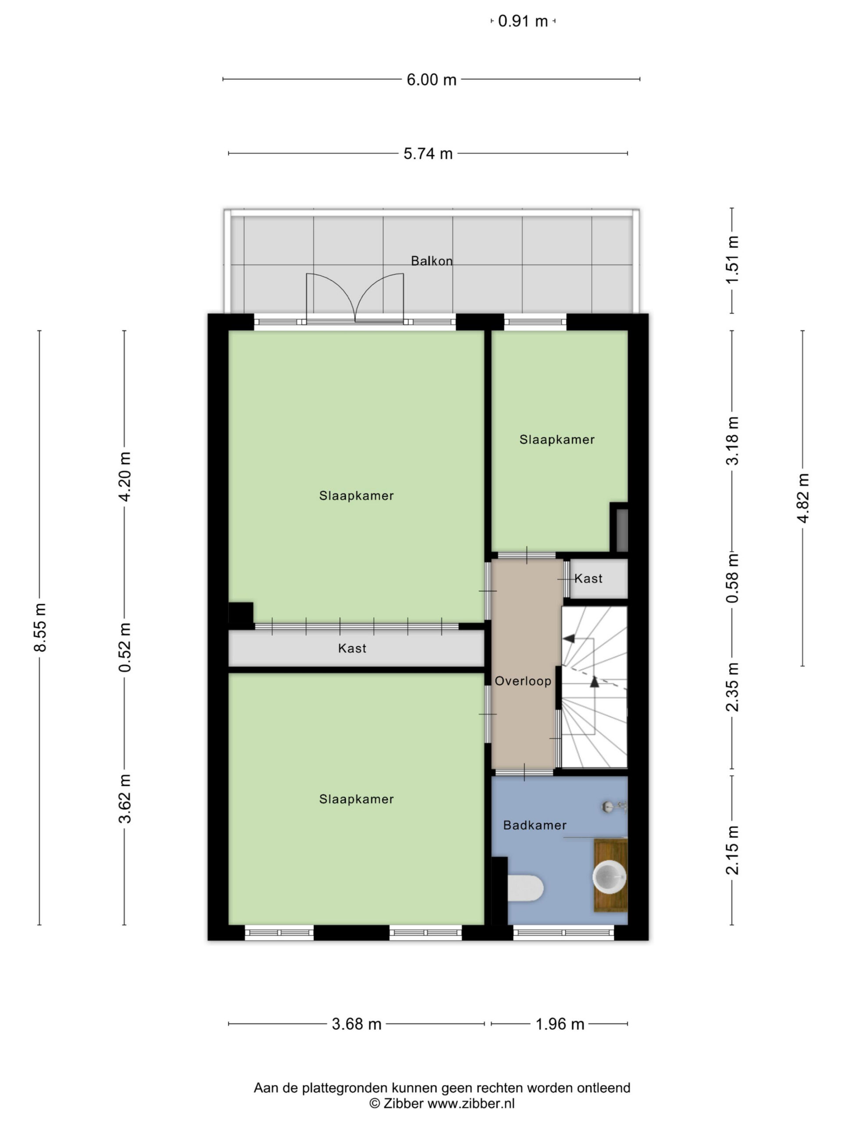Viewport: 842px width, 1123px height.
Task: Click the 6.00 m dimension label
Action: point(432,80)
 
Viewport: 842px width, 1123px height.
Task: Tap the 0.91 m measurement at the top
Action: point(523,21)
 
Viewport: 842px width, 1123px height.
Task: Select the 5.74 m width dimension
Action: point(428,154)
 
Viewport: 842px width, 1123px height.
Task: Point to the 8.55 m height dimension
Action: point(39,627)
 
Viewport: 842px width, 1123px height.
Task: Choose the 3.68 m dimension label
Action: point(356,1024)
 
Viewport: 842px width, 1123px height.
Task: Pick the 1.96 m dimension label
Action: point(560,1024)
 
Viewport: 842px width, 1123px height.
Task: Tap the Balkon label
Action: point(432,261)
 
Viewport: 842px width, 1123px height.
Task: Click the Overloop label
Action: point(523,681)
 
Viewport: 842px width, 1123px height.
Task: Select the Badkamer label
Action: point(535,826)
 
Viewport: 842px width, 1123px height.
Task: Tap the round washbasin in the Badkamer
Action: point(610,876)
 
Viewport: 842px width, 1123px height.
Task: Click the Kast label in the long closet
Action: point(352,648)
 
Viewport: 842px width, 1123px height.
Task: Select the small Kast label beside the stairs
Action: point(588,578)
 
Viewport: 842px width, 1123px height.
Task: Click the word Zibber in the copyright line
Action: point(403,1104)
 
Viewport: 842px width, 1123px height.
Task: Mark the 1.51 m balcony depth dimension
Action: point(732,261)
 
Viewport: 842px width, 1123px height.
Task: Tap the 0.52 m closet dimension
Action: point(125,647)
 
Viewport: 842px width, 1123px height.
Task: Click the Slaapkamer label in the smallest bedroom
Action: point(557,440)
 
